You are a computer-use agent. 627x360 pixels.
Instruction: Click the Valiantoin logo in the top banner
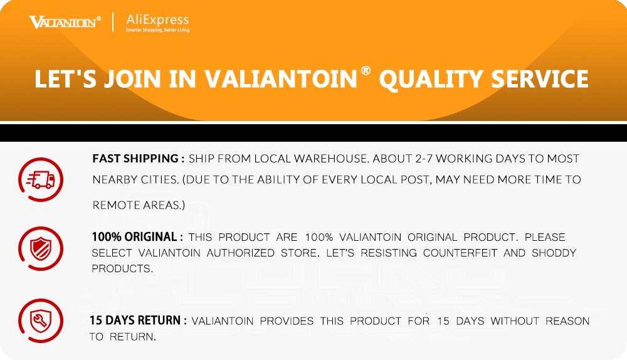(x=65, y=22)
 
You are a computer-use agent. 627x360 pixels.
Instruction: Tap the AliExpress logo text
(x=157, y=19)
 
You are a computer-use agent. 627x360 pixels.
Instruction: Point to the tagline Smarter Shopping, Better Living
(x=157, y=30)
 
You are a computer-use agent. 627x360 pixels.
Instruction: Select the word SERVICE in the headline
(x=540, y=78)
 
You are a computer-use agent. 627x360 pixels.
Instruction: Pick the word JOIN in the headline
(x=133, y=79)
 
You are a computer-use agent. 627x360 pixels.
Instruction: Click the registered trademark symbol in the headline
(x=366, y=71)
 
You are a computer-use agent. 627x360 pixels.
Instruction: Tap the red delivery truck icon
(x=40, y=179)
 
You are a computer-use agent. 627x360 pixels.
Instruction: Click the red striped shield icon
(x=40, y=248)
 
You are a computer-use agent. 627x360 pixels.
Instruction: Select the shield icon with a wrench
(x=40, y=320)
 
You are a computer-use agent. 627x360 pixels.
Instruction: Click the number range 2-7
(x=424, y=159)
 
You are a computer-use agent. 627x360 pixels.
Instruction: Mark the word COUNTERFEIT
(x=460, y=253)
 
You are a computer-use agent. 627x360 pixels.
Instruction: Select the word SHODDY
(x=554, y=253)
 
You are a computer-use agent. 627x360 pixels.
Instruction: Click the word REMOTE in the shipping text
(x=111, y=205)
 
